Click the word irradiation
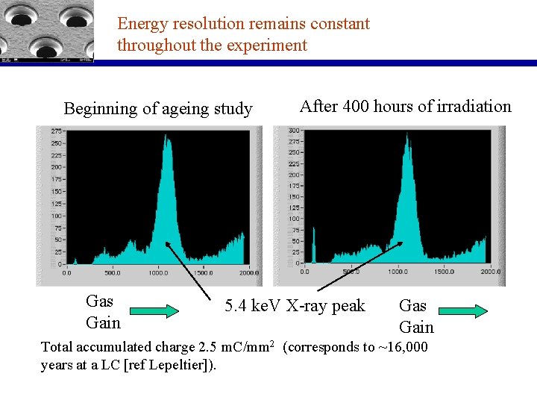470,107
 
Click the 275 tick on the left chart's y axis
56,131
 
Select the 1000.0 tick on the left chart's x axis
158,273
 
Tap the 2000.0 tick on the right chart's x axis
490,272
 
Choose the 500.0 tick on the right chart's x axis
348,272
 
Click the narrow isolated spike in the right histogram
315,245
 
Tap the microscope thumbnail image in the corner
47,31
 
